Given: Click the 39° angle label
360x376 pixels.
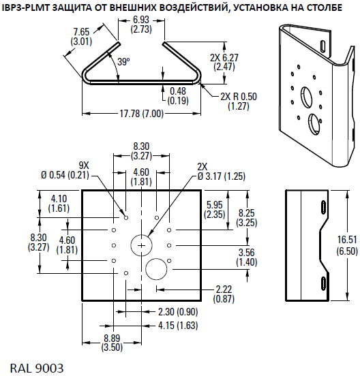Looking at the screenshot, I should click(123, 61).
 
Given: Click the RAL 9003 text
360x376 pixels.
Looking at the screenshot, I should click(38, 368).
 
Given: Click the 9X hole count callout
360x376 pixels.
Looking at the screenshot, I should click(84, 166).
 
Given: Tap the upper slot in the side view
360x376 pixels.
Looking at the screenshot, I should click(321, 207).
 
